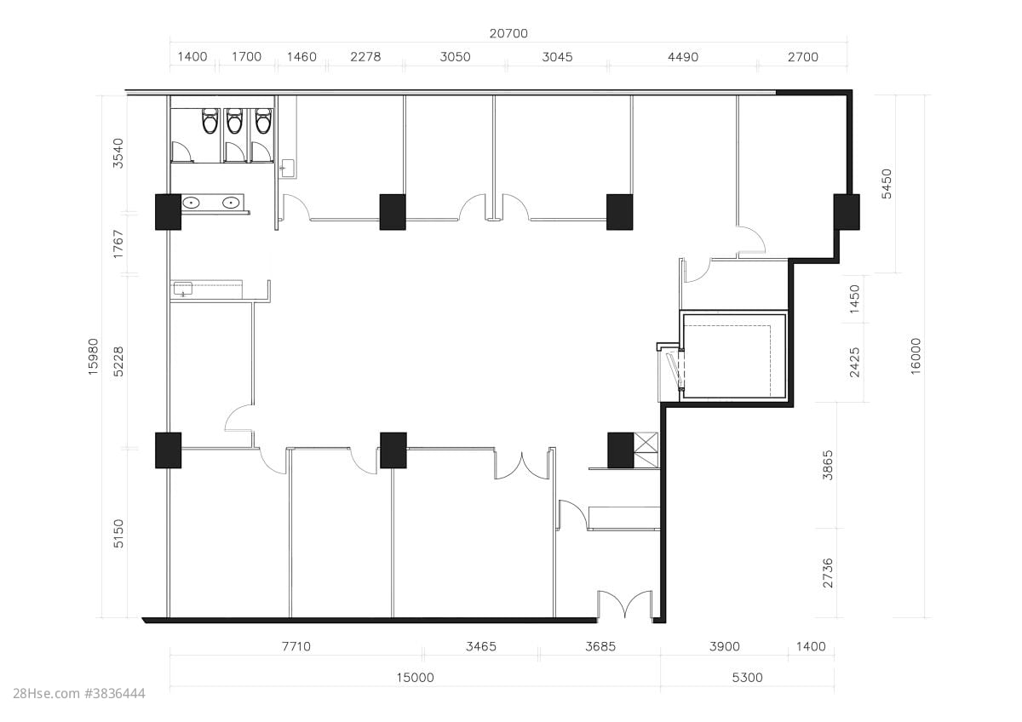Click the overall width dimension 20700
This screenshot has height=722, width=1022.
pos(508,33)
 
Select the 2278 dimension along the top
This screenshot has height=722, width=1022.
pos(365,56)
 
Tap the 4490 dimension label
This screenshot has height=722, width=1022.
pos(682,57)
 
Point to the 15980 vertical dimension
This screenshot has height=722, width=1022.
pos(93,357)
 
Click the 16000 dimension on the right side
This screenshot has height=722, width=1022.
pos(916,356)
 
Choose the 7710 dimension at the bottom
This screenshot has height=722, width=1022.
pos(296,646)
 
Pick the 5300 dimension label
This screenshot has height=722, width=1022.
pos(748,678)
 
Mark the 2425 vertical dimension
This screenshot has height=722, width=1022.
pos(854,363)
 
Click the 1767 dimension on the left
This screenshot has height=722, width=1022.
pos(118,244)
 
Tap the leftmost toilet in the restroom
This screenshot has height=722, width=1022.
pos(210,121)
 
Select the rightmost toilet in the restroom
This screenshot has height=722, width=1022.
pos(264,121)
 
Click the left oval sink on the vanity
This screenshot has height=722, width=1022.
pos(191,202)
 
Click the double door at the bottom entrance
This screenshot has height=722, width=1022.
pos(625,605)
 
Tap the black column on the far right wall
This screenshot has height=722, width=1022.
pos(847,212)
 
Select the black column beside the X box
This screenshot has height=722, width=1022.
pos(621,450)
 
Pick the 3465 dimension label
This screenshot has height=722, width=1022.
pos(481,646)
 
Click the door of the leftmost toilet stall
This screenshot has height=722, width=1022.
pos(183,152)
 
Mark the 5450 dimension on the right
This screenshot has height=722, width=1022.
pos(886,184)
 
